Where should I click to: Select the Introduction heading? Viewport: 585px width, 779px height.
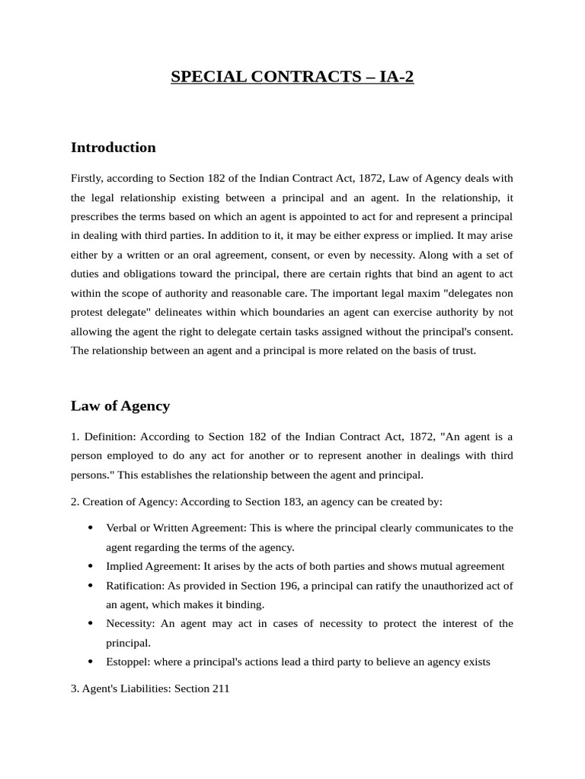pos(113,148)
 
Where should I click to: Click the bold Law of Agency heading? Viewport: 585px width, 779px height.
pos(120,406)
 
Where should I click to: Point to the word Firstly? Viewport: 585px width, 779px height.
pos(86,178)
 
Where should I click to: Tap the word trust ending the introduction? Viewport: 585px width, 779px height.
pos(462,351)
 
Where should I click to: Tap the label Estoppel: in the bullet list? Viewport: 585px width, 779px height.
pos(128,662)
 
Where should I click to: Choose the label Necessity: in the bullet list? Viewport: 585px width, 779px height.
pos(130,624)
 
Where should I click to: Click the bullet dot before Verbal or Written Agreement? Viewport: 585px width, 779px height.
pos(91,528)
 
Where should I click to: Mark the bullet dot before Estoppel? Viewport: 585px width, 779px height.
pos(91,662)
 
